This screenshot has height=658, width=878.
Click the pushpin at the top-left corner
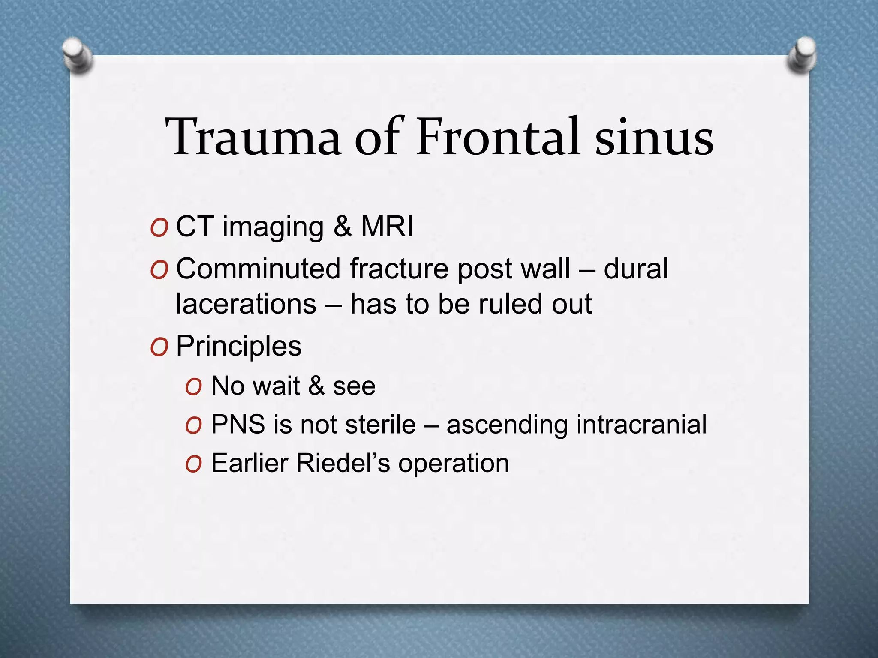point(77,56)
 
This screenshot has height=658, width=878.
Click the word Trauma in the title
point(253,137)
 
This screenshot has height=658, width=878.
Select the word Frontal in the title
point(499,137)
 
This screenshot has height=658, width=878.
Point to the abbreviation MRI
point(387,227)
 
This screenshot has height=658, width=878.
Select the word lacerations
point(246,304)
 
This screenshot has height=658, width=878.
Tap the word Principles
point(239,346)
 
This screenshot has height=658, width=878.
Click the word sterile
point(380,425)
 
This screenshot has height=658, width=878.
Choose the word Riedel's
point(343,463)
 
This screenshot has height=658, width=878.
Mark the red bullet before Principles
point(159,347)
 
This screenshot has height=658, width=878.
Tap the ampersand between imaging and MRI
point(343,227)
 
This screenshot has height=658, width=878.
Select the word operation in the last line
point(454,464)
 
